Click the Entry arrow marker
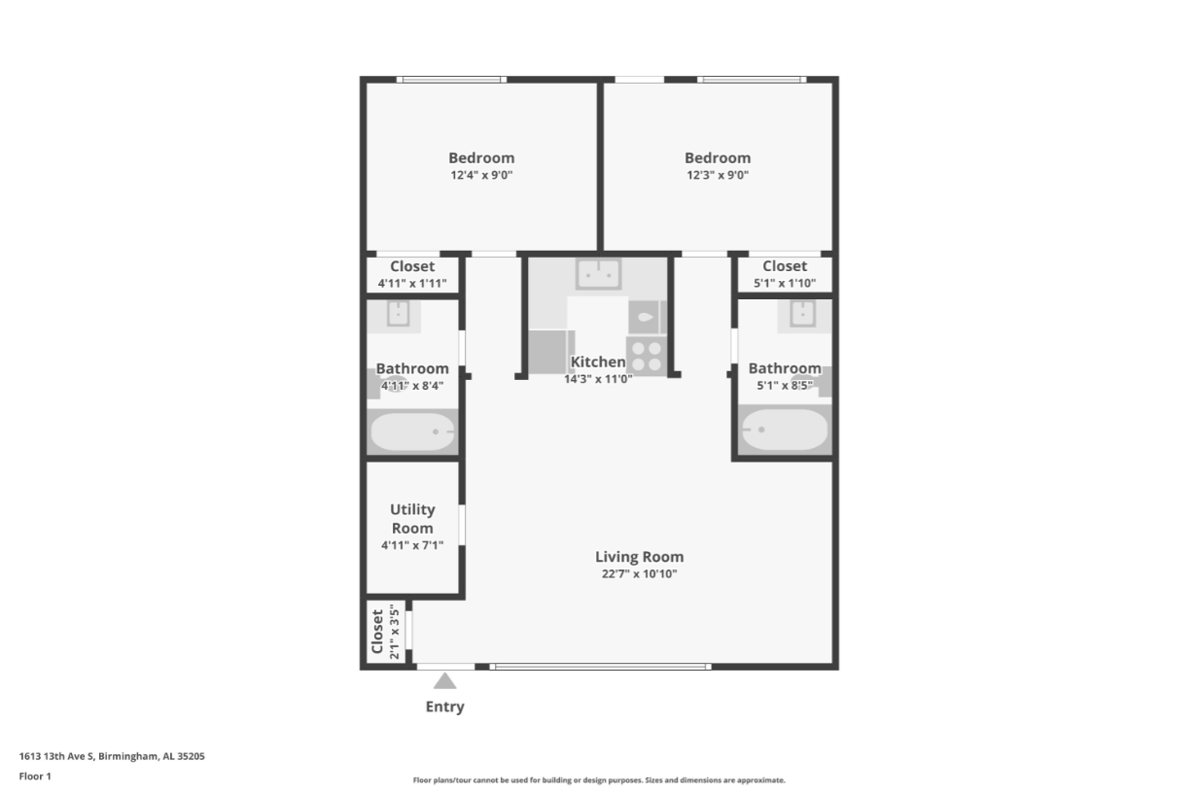pos(444,681)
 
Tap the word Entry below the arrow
pos(444,707)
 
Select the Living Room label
pos(639,557)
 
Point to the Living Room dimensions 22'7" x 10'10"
pos(639,574)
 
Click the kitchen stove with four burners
pos(647,356)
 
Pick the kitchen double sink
pos(598,274)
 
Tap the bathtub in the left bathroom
pos(412,432)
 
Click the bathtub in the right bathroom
pos(785,429)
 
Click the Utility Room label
pos(412,519)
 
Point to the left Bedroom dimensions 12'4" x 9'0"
pos(481,175)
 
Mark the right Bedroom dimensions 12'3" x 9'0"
pos(718,175)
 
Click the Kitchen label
pos(598,362)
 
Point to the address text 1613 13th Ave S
pos(56,756)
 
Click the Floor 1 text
pos(35,777)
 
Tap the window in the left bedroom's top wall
pos(451,80)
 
